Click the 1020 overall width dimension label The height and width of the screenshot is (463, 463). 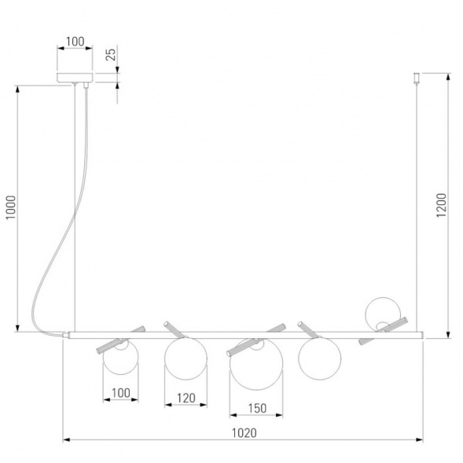pos(244,433)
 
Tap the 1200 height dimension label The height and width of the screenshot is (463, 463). pos(442,205)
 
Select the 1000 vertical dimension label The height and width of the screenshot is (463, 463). pos(11,207)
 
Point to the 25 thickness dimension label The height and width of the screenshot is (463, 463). pos(111,54)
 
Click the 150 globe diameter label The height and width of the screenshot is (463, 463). pos(257,409)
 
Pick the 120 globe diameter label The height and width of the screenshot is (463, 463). pos(186,398)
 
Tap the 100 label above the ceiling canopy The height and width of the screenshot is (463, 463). pos(75,42)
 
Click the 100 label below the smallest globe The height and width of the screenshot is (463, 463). pos(121,393)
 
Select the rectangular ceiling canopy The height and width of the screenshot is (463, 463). pos(75,77)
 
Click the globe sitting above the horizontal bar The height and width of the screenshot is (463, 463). pos(383,314)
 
